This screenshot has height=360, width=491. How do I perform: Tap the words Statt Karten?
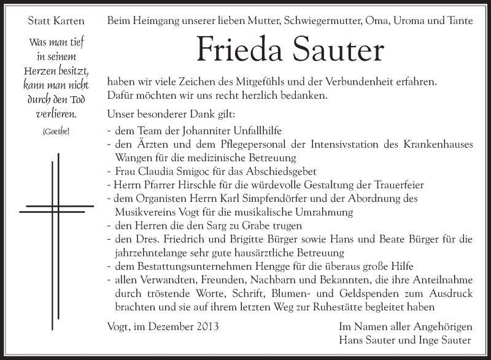tap(56, 21)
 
